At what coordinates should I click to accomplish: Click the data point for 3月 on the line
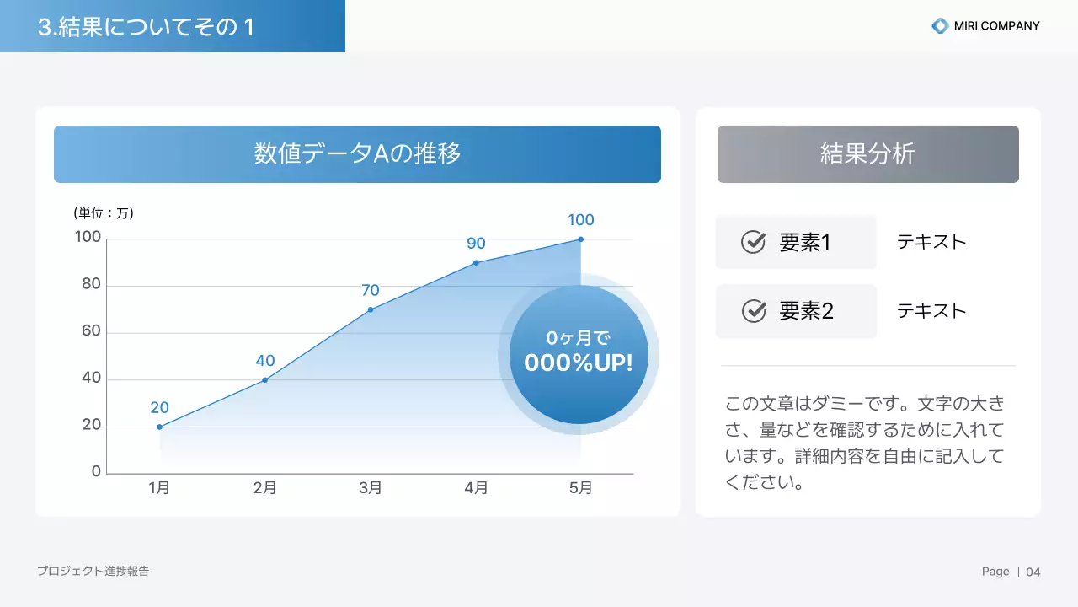tap(371, 309)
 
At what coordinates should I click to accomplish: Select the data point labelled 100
tap(580, 239)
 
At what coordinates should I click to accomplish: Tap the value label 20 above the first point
tap(159, 408)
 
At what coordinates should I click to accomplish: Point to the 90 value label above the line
tap(476, 244)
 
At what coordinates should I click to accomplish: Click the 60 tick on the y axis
tap(91, 331)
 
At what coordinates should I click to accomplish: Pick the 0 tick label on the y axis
tap(96, 472)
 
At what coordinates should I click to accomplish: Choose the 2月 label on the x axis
tap(264, 488)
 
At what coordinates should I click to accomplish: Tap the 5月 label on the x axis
tap(580, 488)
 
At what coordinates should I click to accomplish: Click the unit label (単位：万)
tap(104, 213)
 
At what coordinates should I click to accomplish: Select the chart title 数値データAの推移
tap(357, 154)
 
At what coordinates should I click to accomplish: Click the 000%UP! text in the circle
tap(578, 363)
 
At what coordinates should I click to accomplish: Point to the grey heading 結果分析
tap(867, 154)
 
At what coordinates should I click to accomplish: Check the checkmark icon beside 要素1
tap(753, 243)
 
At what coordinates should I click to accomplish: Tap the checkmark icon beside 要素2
tap(753, 311)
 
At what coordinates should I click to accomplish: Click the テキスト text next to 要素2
tap(931, 311)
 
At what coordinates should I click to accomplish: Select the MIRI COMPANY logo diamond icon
tap(940, 26)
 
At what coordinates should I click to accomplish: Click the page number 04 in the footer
tap(1033, 572)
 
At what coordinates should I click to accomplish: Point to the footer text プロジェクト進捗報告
tap(93, 571)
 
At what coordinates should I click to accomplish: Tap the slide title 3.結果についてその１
tap(146, 27)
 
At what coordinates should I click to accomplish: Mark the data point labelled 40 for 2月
tap(264, 380)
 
